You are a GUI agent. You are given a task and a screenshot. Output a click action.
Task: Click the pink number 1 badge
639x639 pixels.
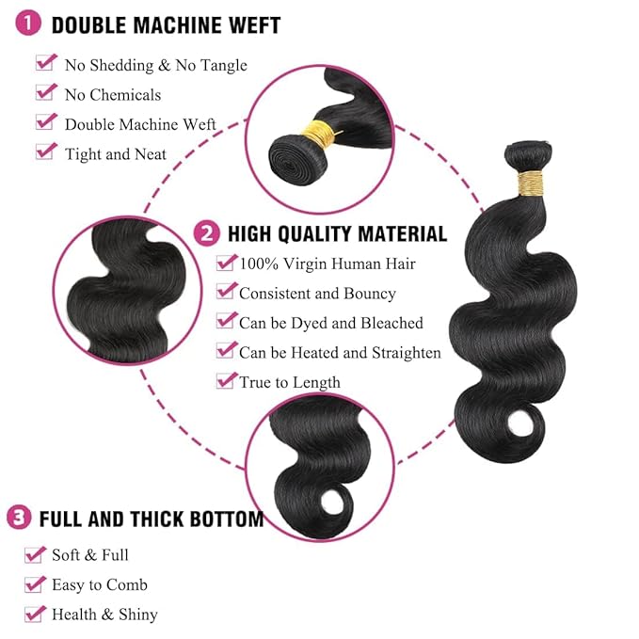coord(30,24)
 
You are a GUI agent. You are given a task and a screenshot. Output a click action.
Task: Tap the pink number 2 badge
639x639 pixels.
coord(206,232)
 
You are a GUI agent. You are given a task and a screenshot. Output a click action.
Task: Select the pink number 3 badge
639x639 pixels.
coord(18,518)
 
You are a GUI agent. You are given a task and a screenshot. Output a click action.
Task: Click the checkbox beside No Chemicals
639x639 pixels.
coord(46,92)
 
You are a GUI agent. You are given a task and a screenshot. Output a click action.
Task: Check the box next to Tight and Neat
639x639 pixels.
coord(46,152)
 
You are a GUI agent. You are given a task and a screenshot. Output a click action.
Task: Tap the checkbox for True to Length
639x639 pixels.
coord(226,380)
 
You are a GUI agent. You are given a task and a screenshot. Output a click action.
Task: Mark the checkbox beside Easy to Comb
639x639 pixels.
coord(35,583)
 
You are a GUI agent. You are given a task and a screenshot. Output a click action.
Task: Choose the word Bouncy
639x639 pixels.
coord(368,294)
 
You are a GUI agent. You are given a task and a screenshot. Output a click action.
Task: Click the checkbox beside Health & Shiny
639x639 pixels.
coord(35,614)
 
